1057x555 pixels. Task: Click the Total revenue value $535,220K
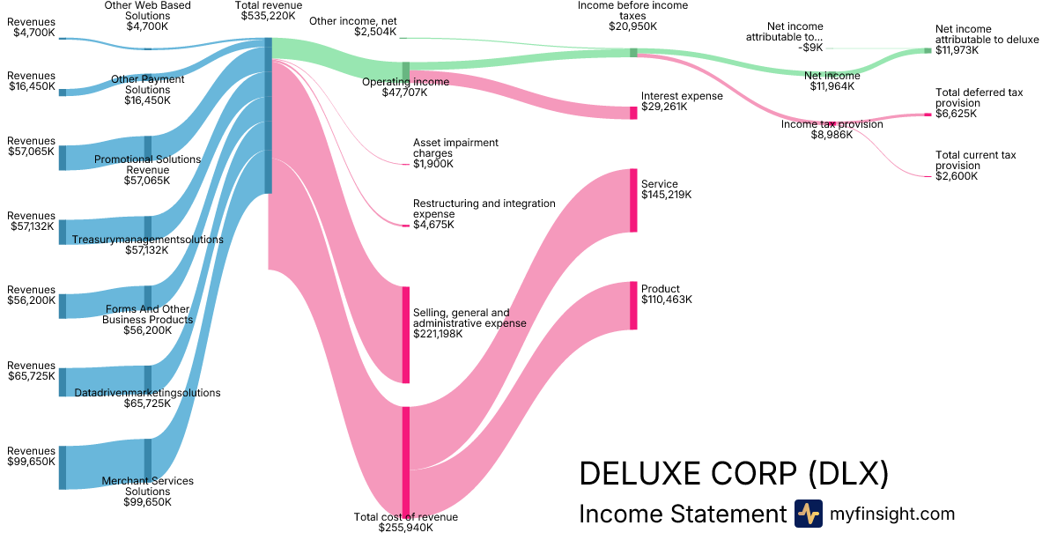click(269, 16)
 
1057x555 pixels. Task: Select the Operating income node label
click(406, 82)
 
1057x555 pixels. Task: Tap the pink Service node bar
click(632, 200)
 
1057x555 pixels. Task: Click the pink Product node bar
click(632, 306)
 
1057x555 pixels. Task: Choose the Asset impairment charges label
click(455, 148)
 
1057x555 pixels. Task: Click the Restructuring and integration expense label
click(484, 209)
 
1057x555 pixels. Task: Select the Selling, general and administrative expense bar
click(406, 335)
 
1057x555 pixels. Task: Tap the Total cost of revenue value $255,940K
click(406, 528)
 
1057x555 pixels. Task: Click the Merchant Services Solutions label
click(148, 486)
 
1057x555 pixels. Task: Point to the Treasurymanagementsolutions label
click(148, 240)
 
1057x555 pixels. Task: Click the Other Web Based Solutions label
click(148, 11)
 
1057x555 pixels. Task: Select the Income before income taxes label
click(632, 11)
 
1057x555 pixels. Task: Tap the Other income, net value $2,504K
click(375, 32)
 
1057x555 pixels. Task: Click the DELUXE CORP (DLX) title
click(733, 473)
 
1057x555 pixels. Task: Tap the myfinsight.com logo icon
click(808, 514)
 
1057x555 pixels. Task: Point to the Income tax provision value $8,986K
click(832, 136)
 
